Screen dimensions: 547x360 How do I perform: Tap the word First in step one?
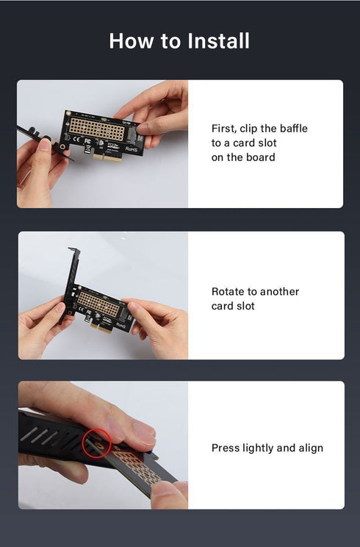223,129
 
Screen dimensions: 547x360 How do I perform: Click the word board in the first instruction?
260,157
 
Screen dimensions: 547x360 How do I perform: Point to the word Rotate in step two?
228,292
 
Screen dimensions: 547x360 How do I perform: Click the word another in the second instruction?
280,292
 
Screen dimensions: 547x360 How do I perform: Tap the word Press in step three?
226,448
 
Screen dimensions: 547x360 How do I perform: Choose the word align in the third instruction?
309,448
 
